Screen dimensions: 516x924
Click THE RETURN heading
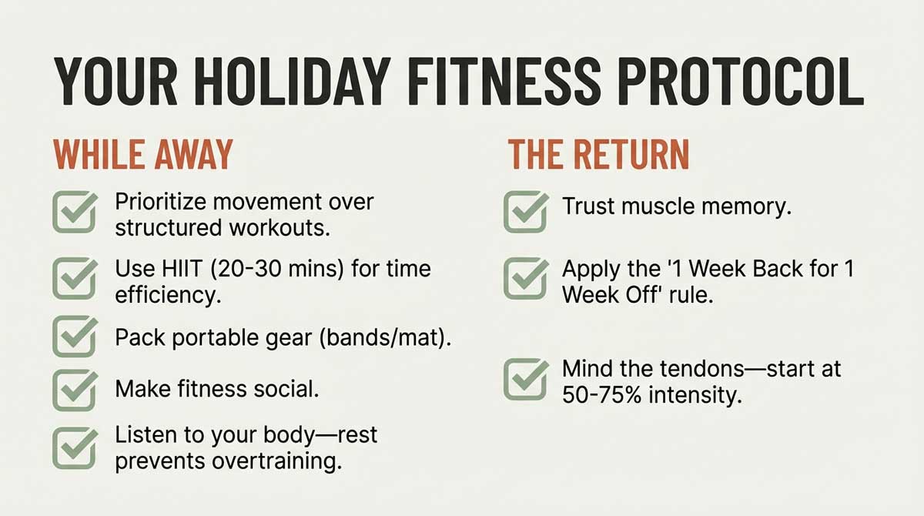pyautogui.click(x=598, y=154)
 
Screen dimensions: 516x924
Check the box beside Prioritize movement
pyautogui.click(x=75, y=213)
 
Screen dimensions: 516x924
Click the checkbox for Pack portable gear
pyautogui.click(x=75, y=337)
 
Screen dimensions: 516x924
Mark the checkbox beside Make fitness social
pyautogui.click(x=75, y=390)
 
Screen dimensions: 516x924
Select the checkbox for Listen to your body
pyautogui.click(x=75, y=447)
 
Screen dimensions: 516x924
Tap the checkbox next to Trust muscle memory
pyautogui.click(x=526, y=212)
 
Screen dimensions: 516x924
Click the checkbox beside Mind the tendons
pyautogui.click(x=526, y=378)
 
